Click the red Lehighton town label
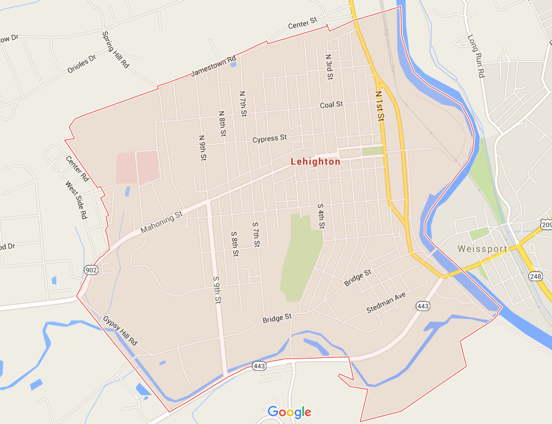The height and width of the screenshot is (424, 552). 315,162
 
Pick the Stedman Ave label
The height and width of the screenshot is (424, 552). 386,302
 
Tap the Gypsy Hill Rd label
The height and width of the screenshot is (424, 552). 120,331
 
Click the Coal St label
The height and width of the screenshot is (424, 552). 331,105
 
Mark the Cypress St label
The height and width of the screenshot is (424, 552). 270,138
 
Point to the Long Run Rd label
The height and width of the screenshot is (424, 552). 477,56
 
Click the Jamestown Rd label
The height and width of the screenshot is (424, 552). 213,66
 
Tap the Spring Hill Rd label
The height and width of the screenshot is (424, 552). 115,50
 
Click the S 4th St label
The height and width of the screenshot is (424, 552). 321,216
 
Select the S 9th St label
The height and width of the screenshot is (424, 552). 216,290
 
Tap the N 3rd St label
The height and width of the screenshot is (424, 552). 330,67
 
